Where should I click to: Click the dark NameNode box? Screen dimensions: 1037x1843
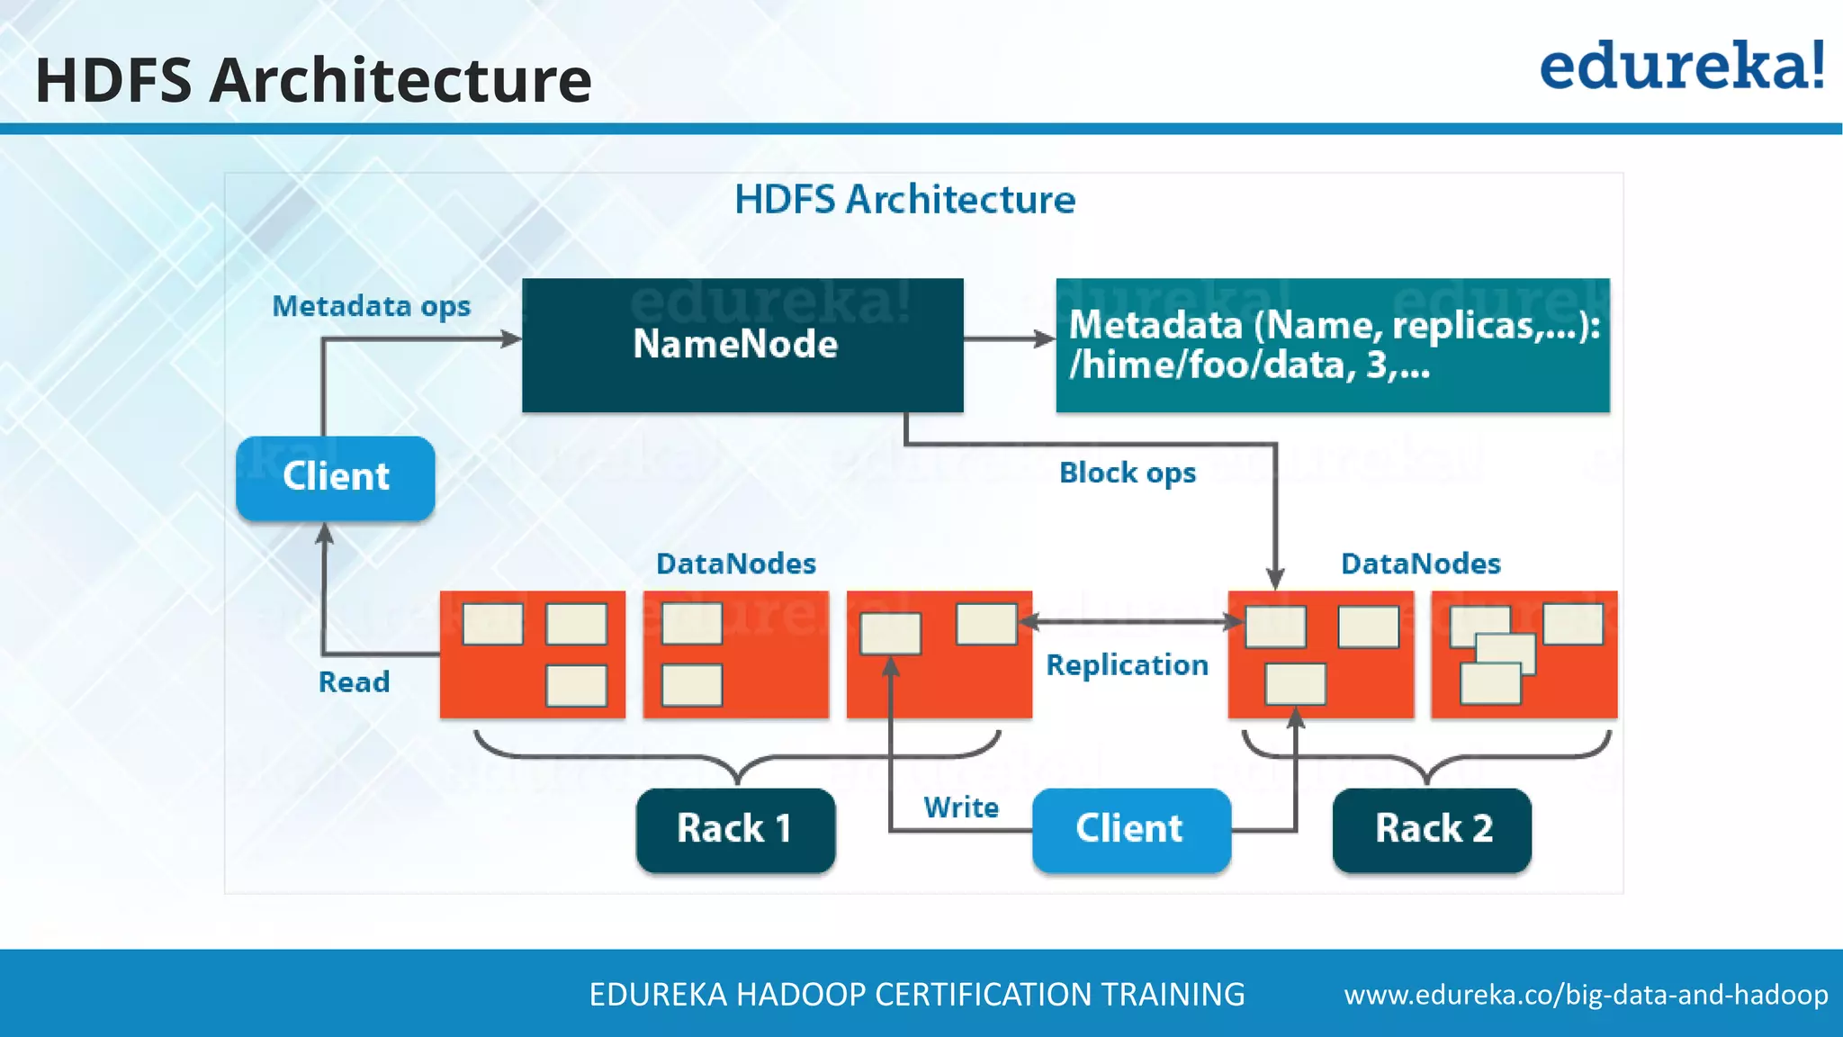(742, 345)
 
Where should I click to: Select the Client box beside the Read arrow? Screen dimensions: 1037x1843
(335, 477)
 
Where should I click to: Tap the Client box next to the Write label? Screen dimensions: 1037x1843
(1130, 829)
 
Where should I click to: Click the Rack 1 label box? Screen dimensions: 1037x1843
(734, 829)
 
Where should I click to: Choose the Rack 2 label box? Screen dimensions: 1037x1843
(1432, 829)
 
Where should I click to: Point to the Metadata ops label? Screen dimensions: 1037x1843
(371, 306)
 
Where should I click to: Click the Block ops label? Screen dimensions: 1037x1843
(1127, 473)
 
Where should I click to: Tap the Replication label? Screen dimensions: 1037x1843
(1127, 664)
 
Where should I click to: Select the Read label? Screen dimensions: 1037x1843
(354, 681)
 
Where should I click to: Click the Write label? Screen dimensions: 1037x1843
(960, 807)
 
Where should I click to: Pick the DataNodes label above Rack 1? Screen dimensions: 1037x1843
(735, 564)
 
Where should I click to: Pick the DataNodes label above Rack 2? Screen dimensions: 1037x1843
(1420, 564)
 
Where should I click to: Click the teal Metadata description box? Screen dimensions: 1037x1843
(1332, 345)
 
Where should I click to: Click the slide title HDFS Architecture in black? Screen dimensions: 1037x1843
(313, 80)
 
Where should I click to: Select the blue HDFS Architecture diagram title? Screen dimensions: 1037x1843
(904, 199)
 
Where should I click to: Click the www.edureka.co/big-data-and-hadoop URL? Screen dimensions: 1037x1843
(1586, 994)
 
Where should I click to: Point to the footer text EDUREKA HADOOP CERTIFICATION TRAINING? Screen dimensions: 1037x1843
(916, 994)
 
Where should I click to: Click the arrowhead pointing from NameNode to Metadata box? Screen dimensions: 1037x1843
(1044, 339)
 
